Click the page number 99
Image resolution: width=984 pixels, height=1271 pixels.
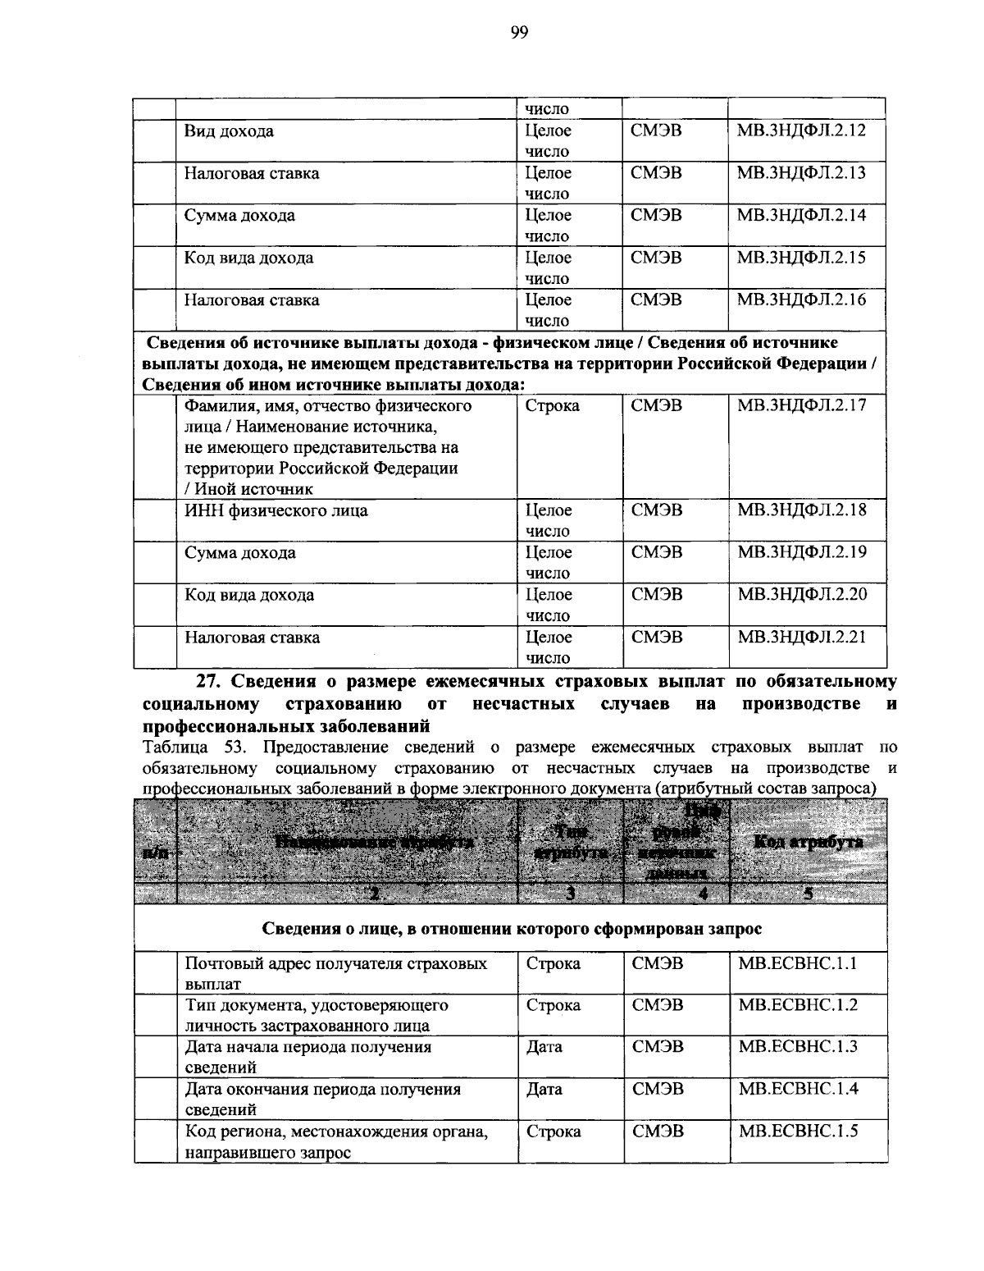point(519,33)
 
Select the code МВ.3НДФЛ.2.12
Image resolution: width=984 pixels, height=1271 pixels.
point(801,130)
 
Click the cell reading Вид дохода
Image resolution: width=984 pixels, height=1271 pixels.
point(229,131)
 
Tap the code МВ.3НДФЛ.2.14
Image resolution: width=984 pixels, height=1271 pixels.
point(801,215)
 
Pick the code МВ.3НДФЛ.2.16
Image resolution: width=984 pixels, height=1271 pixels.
point(801,299)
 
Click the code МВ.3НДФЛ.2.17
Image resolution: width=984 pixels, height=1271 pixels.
point(801,405)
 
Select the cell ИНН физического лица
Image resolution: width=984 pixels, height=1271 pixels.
point(276,510)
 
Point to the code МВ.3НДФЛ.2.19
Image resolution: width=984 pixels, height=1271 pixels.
point(801,552)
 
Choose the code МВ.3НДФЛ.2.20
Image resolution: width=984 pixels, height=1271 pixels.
point(801,595)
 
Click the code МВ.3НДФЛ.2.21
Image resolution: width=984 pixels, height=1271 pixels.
point(801,637)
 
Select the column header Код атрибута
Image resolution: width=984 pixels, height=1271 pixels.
point(808,843)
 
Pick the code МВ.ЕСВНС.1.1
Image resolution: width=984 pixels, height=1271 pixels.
point(797,963)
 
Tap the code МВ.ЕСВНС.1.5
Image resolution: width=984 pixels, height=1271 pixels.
point(797,1131)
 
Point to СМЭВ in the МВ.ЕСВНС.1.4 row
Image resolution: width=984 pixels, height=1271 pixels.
point(658,1089)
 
